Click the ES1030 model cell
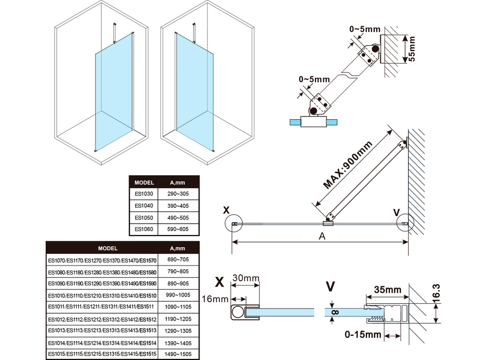[143, 194]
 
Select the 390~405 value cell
[177, 205]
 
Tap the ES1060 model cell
[143, 229]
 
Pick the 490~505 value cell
[177, 217]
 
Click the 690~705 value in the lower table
[178, 260]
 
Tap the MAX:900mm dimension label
[347, 165]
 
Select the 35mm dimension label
[388, 290]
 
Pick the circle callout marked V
[405, 225]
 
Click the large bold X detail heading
[220, 282]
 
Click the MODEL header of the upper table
[144, 183]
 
